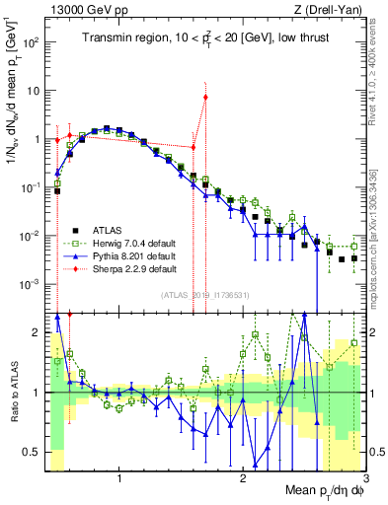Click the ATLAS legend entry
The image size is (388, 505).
(x=106, y=228)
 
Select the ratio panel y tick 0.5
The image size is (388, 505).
(x=35, y=452)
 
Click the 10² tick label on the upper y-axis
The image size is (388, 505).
(x=33, y=42)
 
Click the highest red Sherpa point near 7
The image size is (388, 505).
(x=205, y=97)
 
